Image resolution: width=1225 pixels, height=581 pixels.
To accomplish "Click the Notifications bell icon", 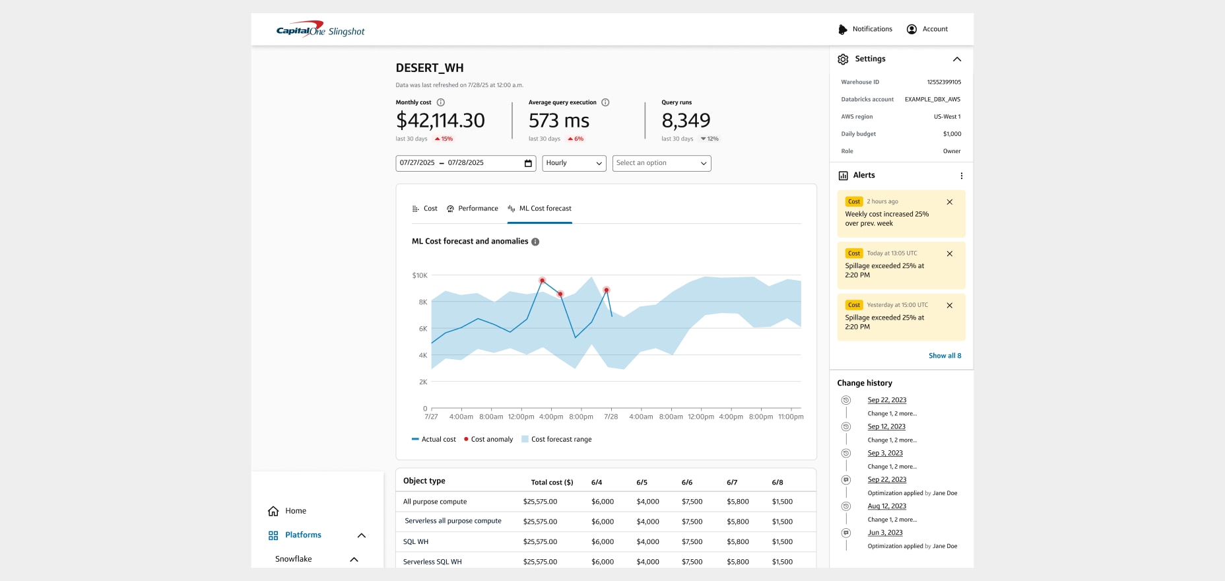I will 843,29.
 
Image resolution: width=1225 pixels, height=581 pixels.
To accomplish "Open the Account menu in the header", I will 927,29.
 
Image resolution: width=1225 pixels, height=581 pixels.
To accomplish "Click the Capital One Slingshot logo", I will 320,30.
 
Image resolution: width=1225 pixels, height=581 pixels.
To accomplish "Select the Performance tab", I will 472,209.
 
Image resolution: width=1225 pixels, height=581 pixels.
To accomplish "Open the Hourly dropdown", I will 574,163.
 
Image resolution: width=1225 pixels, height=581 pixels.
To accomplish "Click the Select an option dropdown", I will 661,163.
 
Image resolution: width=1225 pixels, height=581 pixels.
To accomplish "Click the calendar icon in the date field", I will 528,163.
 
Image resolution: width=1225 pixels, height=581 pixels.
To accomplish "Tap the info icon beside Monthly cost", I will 441,102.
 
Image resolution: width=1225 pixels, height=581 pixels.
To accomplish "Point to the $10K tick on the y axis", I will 420,275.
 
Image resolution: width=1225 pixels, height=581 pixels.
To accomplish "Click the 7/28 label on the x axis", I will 611,417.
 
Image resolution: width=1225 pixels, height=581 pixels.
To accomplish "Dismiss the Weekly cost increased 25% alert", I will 949,202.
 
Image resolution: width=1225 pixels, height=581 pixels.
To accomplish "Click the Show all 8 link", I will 944,356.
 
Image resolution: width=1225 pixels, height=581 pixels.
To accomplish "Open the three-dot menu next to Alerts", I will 961,176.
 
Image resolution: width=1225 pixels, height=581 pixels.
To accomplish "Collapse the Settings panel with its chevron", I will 956,59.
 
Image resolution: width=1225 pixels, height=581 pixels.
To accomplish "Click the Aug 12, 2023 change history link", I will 886,506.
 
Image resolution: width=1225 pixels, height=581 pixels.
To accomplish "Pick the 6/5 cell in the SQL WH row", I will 647,542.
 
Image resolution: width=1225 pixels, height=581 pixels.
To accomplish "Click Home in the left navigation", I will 295,511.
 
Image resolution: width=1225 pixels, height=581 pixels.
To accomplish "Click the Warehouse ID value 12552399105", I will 944,83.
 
